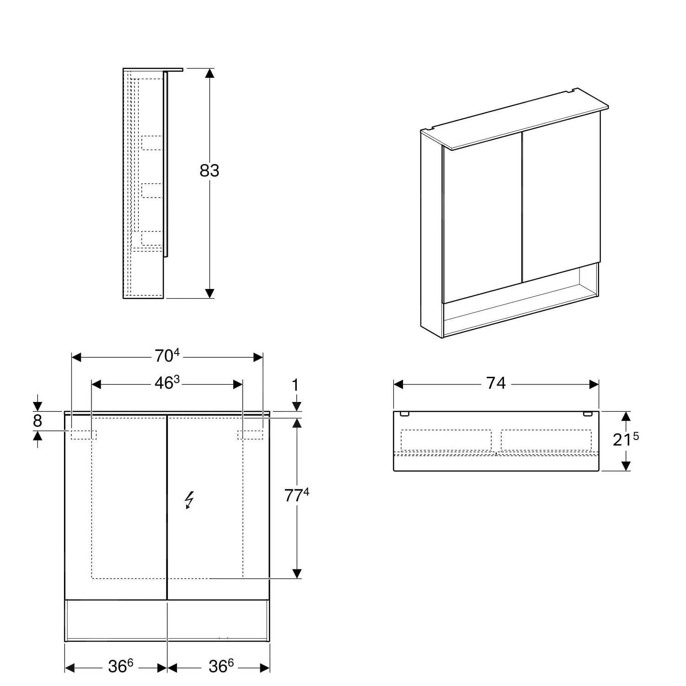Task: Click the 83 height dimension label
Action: click(209, 171)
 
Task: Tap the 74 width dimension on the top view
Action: click(496, 383)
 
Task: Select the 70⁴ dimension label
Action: click(167, 356)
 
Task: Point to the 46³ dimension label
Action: click(167, 383)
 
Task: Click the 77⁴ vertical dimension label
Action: click(297, 495)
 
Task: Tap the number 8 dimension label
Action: click(38, 421)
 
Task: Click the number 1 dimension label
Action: click(296, 385)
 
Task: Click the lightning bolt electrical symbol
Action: click(189, 500)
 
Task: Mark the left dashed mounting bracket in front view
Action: click(84, 435)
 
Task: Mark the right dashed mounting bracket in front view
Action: click(250, 435)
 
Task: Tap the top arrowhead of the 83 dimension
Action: click(209, 74)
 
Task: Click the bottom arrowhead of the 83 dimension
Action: click(209, 293)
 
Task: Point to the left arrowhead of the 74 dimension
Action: click(398, 384)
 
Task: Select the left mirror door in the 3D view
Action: click(482, 217)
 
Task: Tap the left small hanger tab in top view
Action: click(404, 414)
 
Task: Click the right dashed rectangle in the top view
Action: click(546, 440)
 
